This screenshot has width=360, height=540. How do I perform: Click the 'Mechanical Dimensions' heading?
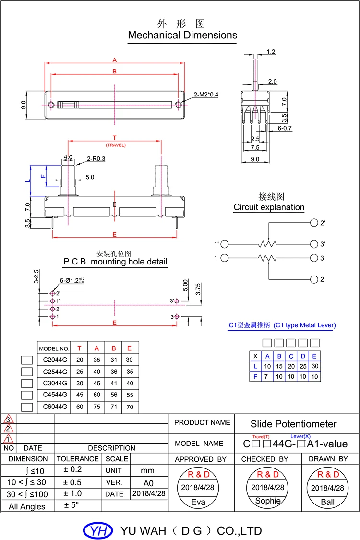point(182,35)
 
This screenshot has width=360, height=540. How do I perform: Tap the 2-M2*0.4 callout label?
point(205,95)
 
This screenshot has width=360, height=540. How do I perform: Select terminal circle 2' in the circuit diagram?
point(314,223)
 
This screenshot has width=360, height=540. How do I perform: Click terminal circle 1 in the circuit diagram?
point(225,258)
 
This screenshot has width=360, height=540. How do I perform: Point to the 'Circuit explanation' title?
point(269,207)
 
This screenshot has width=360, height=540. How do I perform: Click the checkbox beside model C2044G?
point(27,360)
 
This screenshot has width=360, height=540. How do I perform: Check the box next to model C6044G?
point(27,407)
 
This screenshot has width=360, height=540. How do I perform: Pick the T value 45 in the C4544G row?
point(80,395)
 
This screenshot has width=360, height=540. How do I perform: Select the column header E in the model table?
point(129,348)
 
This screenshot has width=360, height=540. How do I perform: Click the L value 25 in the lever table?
point(303,366)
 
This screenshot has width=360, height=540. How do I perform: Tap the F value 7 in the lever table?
point(266,376)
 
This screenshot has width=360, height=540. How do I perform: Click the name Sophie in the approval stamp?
point(268,501)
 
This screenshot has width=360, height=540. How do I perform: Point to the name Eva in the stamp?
point(198,502)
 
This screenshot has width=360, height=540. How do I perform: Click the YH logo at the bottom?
point(98,530)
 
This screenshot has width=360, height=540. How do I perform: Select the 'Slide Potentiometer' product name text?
point(293,424)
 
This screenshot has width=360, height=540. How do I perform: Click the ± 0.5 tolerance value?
point(72,482)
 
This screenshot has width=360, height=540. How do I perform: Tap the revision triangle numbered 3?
point(8,419)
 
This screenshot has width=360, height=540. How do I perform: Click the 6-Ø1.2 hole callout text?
point(72,281)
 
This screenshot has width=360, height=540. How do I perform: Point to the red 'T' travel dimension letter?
point(115,138)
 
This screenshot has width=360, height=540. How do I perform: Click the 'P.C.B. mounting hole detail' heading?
point(115,262)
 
